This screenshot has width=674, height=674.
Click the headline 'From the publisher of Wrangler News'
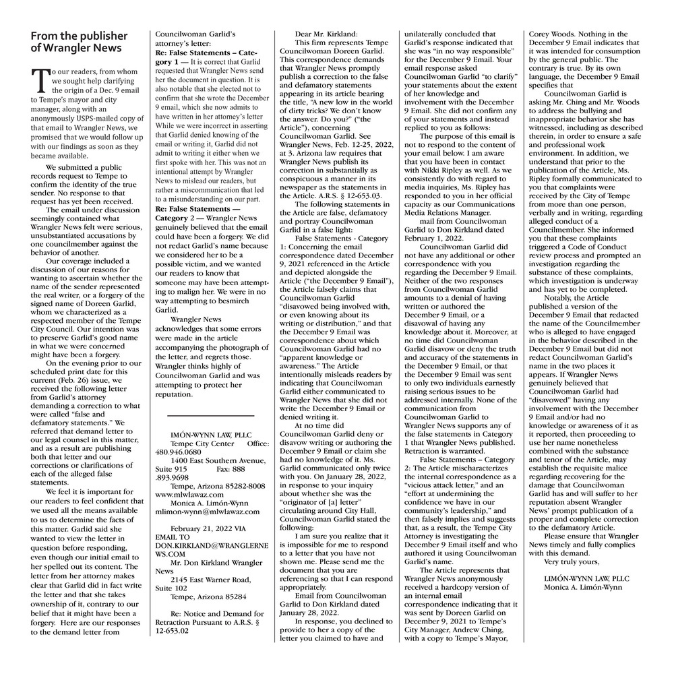79,41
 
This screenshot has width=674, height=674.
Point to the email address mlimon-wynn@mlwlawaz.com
202,512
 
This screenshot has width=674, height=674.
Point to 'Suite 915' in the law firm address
171,468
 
